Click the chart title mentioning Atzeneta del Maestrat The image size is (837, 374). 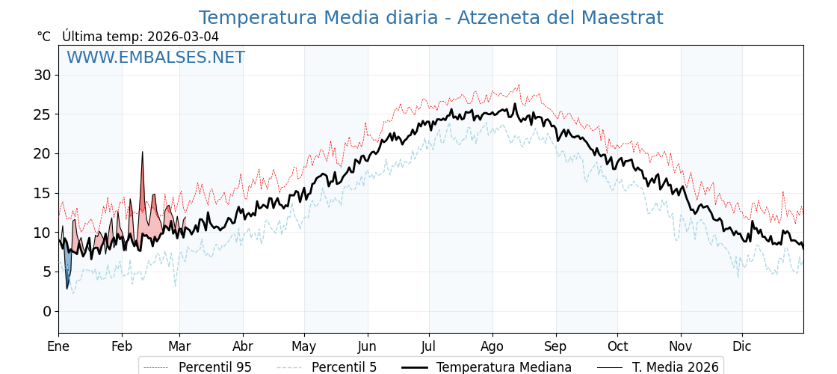[x=430, y=18]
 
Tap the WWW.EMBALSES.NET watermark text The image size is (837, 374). [x=155, y=58]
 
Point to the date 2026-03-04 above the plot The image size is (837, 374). [x=183, y=37]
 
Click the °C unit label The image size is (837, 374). [x=44, y=37]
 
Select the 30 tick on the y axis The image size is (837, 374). [x=43, y=75]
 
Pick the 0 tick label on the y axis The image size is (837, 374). [x=46, y=311]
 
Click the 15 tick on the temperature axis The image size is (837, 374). [x=43, y=193]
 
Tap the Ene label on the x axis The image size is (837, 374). [x=58, y=346]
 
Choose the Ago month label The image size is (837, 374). [x=492, y=346]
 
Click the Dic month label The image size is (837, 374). [x=742, y=346]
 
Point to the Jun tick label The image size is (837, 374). [x=367, y=346]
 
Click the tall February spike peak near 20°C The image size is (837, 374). [x=142, y=153]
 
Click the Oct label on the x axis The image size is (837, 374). [x=617, y=346]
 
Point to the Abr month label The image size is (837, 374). [x=243, y=346]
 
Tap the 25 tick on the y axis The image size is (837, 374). [x=43, y=114]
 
